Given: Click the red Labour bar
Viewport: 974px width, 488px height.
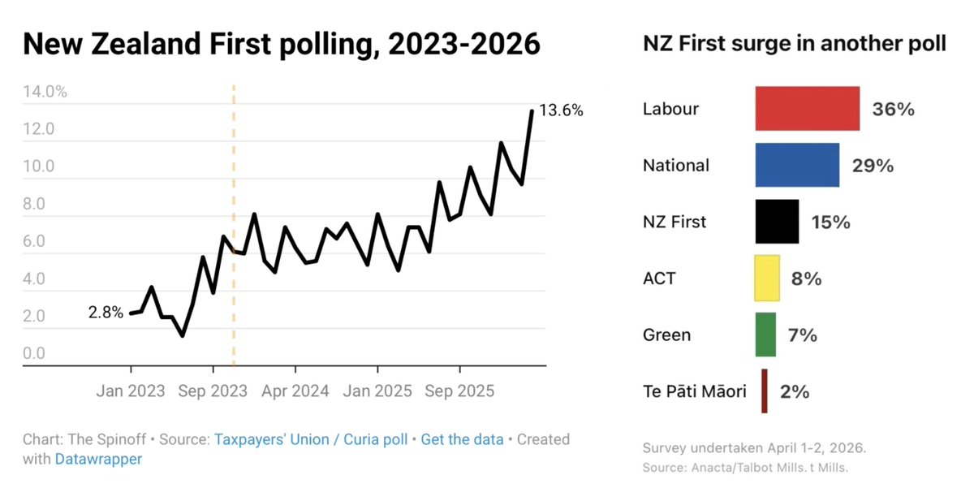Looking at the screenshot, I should (x=807, y=109).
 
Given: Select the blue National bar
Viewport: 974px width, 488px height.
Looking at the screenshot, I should (x=797, y=166).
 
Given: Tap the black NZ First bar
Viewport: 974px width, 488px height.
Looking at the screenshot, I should (x=777, y=222).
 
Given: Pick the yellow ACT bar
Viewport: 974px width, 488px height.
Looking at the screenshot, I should (x=767, y=279).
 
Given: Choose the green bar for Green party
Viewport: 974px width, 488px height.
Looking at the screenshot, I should (x=765, y=335).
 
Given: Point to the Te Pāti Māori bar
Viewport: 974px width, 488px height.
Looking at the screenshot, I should (x=765, y=391).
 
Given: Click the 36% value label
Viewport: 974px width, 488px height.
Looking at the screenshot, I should (x=893, y=109).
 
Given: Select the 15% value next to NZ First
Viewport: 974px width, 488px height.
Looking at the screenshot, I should (x=830, y=222).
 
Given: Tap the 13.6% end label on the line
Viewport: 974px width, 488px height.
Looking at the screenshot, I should (x=561, y=111).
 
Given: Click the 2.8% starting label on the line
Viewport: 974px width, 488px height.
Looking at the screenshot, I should (x=106, y=312).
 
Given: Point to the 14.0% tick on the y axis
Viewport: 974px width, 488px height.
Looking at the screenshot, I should (x=45, y=92).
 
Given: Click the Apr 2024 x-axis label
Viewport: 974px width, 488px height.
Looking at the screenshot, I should (x=295, y=391).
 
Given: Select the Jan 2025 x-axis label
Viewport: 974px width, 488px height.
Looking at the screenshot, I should (x=377, y=391).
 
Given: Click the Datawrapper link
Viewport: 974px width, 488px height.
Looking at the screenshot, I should (x=98, y=459).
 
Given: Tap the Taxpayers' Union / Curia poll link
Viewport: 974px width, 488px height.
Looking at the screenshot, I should (x=312, y=439).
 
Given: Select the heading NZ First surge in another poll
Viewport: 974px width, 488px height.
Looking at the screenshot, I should (x=794, y=45).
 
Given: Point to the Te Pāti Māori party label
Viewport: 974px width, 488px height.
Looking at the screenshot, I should (x=694, y=391).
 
